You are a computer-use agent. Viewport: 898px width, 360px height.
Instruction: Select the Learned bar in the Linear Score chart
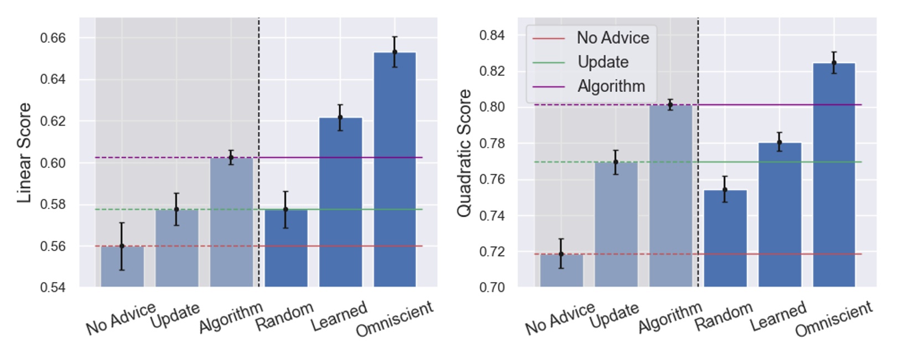coord(340,205)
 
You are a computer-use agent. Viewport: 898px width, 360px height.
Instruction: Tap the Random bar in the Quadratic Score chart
coord(725,241)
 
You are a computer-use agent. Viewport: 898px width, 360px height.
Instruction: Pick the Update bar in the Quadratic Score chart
coord(616,227)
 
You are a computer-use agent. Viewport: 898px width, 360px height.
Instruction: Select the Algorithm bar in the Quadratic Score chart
coord(670,199)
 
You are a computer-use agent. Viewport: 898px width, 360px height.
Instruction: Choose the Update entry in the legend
coord(603,62)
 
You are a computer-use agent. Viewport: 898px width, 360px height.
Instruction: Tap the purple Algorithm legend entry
coord(611,86)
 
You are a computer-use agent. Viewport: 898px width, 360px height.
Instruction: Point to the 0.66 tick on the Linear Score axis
coord(53,38)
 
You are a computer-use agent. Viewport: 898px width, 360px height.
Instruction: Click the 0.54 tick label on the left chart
coord(53,287)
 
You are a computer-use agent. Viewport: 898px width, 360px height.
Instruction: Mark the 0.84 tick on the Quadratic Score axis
coord(492,35)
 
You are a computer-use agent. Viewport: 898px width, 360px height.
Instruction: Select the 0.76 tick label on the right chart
coord(492,179)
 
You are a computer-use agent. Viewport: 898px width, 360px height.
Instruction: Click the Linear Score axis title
coord(24,153)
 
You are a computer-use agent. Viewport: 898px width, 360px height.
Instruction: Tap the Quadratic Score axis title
coord(464,153)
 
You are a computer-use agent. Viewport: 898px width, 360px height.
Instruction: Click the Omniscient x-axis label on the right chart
coord(834,319)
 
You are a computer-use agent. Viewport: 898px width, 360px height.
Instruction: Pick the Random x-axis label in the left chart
coord(284,316)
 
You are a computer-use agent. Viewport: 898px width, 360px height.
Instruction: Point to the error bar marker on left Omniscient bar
coord(395,52)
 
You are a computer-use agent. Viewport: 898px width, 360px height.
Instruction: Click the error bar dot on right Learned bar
coord(779,142)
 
